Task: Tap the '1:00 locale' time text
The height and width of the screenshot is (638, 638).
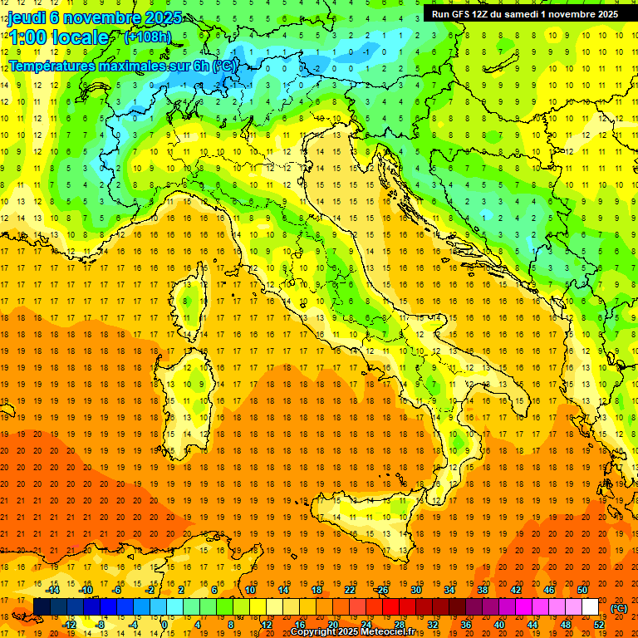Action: [x=58, y=37]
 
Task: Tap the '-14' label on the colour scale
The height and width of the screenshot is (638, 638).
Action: [x=53, y=590]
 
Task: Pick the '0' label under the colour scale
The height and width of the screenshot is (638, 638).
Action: [x=164, y=625]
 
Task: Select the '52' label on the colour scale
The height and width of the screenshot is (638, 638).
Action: [x=599, y=625]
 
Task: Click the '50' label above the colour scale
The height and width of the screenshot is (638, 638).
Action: [x=582, y=590]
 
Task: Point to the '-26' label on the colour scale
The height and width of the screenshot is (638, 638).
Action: [x=381, y=590]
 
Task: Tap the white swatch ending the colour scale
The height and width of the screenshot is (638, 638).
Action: [x=590, y=607]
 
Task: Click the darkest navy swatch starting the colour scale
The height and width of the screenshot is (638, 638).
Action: [x=42, y=607]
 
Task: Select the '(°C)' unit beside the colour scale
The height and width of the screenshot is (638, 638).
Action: [x=619, y=608]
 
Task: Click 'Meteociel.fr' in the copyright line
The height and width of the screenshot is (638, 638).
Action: [x=390, y=632]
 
